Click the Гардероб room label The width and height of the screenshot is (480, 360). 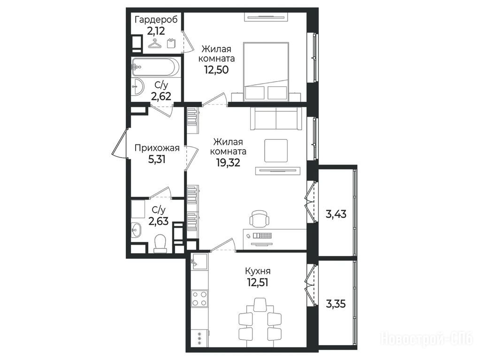(x=156, y=20)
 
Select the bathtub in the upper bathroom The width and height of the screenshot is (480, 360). (x=155, y=67)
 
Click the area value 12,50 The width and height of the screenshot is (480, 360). (x=216, y=70)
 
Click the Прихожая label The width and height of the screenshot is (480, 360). (x=157, y=148)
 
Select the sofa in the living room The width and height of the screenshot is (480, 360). (x=276, y=118)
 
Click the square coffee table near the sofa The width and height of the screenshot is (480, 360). (x=276, y=150)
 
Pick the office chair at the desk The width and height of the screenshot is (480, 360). (x=259, y=218)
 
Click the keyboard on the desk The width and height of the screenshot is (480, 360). (x=263, y=236)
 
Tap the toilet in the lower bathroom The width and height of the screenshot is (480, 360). (x=160, y=244)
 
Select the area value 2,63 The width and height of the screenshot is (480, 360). (x=158, y=221)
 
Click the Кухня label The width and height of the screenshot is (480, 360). (x=258, y=271)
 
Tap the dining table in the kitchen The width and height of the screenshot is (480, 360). (x=259, y=322)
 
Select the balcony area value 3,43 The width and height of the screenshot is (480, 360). (x=336, y=214)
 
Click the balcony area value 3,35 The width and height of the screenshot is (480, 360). (x=336, y=304)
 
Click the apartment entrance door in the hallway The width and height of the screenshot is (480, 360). (x=120, y=143)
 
